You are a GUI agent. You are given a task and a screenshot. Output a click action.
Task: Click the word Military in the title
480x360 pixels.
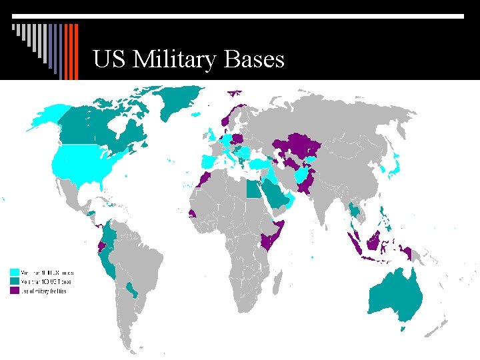point(175,60)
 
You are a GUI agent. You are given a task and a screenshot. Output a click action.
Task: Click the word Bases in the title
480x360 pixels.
point(255,60)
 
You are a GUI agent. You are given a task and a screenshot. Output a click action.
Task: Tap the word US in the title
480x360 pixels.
point(110,60)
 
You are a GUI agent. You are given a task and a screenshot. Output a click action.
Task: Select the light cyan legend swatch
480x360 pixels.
point(14,273)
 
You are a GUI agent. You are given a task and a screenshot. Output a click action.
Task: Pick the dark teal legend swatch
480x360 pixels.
point(14,281)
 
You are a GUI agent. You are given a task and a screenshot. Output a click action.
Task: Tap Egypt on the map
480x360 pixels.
point(253,189)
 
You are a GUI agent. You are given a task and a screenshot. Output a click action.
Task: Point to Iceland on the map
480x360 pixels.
point(195,114)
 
